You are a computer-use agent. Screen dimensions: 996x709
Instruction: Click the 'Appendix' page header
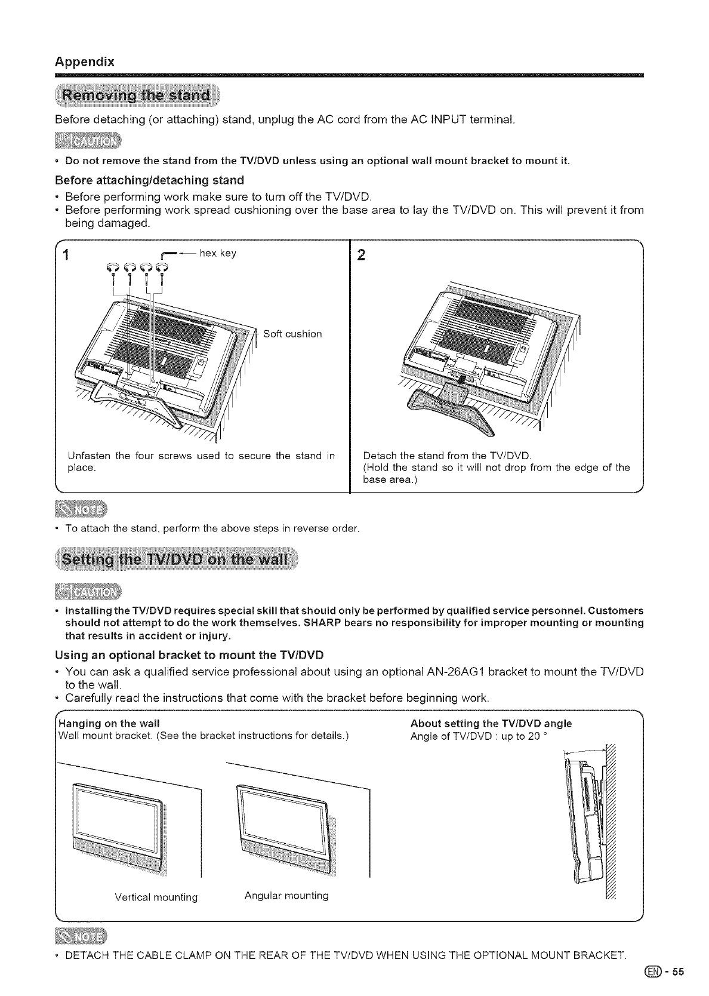pos(84,62)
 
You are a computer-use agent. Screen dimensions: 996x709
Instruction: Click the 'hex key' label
pos(218,253)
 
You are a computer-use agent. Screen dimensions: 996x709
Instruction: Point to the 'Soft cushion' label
pos(292,334)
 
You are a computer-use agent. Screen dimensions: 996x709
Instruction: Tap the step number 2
pos(360,256)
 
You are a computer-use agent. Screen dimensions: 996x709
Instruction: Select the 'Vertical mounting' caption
pos(156,897)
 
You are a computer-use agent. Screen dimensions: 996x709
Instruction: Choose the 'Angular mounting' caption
pos(286,896)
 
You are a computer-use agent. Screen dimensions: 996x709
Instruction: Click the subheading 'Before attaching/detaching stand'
pos(149,180)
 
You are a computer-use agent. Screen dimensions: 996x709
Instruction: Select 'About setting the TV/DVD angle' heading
pos(491,724)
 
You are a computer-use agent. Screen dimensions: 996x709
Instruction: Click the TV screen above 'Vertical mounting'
pos(117,816)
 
